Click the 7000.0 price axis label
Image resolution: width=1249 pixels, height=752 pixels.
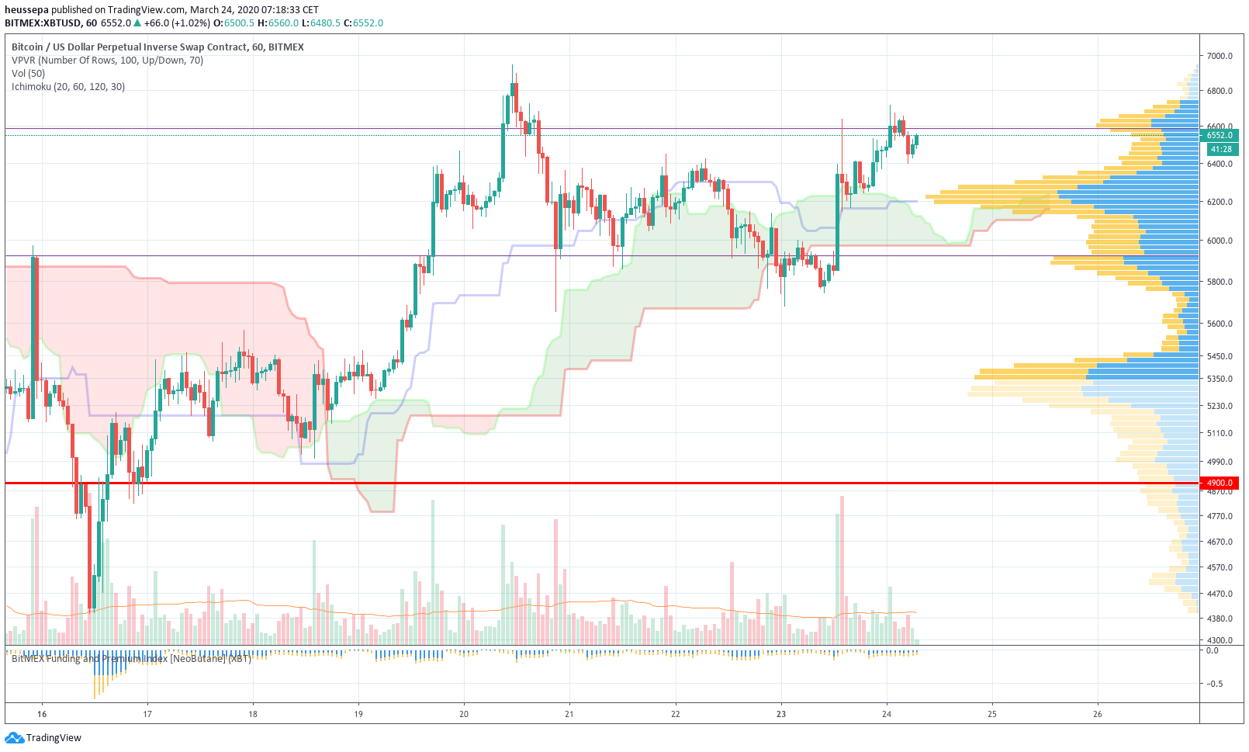(1220, 56)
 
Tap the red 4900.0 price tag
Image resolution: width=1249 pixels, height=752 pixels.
(1220, 483)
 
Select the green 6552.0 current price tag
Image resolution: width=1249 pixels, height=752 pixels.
(1220, 135)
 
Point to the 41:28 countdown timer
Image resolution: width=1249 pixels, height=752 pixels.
(1220, 149)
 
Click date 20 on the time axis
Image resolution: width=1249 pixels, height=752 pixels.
(464, 714)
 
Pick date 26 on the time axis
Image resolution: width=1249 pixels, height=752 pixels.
(1097, 714)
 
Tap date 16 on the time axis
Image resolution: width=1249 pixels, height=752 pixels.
(42, 714)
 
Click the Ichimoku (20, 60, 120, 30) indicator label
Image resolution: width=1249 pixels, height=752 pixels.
(68, 87)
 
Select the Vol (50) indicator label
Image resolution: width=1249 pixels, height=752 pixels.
(29, 74)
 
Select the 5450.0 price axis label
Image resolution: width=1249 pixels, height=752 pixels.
(1220, 356)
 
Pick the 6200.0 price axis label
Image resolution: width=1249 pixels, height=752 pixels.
(1220, 202)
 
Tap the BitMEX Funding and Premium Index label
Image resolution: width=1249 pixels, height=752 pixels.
(131, 659)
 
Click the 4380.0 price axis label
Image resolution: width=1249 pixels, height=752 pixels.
(1220, 619)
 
